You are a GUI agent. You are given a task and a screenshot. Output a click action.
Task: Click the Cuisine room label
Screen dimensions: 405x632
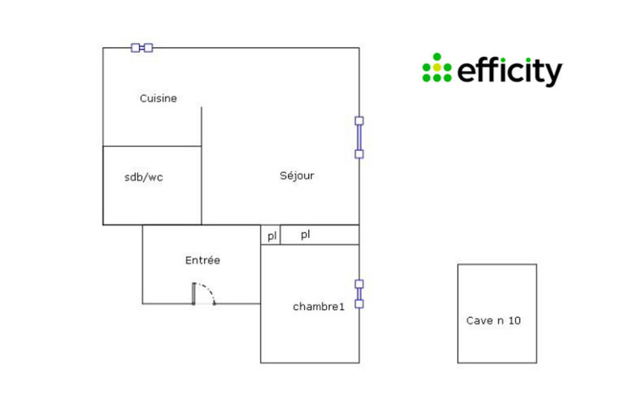pyautogui.click(x=158, y=99)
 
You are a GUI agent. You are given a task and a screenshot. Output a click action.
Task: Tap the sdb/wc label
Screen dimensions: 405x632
pyautogui.click(x=144, y=177)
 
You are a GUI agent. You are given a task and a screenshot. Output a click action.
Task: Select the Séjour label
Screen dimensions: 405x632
pyautogui.click(x=297, y=176)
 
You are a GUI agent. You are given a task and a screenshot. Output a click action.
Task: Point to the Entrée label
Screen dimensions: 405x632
pyautogui.click(x=202, y=260)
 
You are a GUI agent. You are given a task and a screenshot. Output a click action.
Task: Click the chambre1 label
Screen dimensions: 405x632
pyautogui.click(x=318, y=307)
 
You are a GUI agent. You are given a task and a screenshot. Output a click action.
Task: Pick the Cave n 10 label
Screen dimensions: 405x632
pyautogui.click(x=493, y=321)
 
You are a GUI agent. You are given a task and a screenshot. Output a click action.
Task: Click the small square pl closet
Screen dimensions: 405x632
pyautogui.click(x=271, y=236)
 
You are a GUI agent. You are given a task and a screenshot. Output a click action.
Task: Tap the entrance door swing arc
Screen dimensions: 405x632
pyautogui.click(x=207, y=290)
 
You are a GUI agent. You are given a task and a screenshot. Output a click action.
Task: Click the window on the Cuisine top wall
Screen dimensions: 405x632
pyautogui.click(x=142, y=47)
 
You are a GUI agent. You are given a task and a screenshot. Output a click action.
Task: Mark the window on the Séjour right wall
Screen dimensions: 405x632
pyautogui.click(x=359, y=138)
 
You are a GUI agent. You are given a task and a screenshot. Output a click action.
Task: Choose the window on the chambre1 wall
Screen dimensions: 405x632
pyautogui.click(x=359, y=293)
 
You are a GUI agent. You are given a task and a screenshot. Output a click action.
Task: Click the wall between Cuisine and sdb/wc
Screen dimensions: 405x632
pyautogui.click(x=152, y=146)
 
